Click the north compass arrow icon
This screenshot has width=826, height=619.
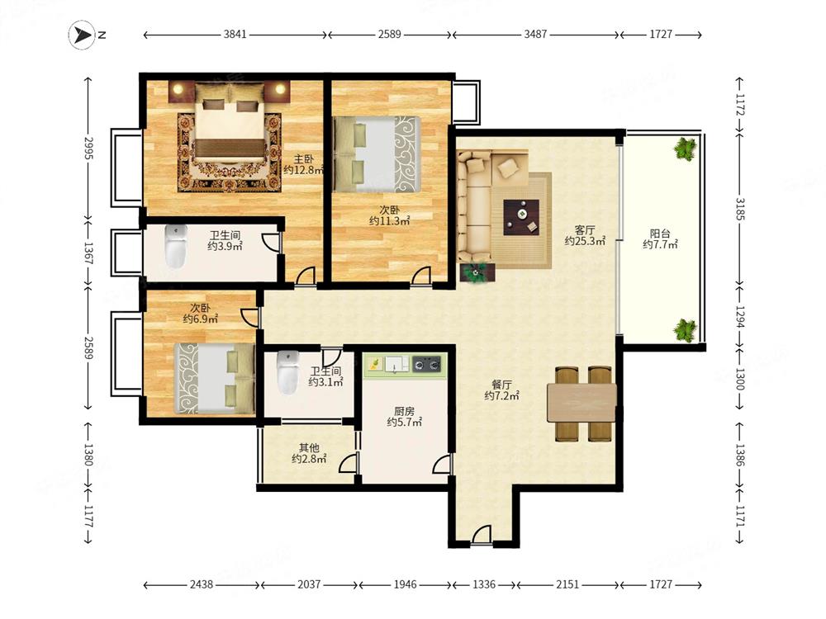point(82,35)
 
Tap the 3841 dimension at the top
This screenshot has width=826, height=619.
point(235,34)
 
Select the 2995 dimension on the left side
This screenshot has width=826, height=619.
point(88,149)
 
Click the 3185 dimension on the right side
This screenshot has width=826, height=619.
point(739,209)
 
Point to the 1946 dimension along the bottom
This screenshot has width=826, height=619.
point(405,584)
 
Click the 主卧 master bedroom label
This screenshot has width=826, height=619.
point(304,158)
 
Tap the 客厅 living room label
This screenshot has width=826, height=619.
point(585,229)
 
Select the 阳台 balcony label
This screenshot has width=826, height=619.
point(660,234)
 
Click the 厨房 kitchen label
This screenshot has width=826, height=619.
point(405,411)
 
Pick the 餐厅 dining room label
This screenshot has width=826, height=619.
point(501,385)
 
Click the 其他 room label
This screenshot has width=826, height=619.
point(309,447)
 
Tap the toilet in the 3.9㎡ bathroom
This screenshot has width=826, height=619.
point(176,246)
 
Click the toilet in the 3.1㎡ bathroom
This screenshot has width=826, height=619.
point(287,372)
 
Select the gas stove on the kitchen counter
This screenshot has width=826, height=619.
point(427,363)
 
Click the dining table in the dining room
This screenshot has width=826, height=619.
point(582,403)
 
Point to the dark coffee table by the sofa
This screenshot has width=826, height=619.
point(521,217)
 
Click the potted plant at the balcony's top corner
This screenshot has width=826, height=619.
point(685,149)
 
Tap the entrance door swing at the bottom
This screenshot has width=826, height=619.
point(482,534)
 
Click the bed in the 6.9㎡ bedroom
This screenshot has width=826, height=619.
point(215,378)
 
